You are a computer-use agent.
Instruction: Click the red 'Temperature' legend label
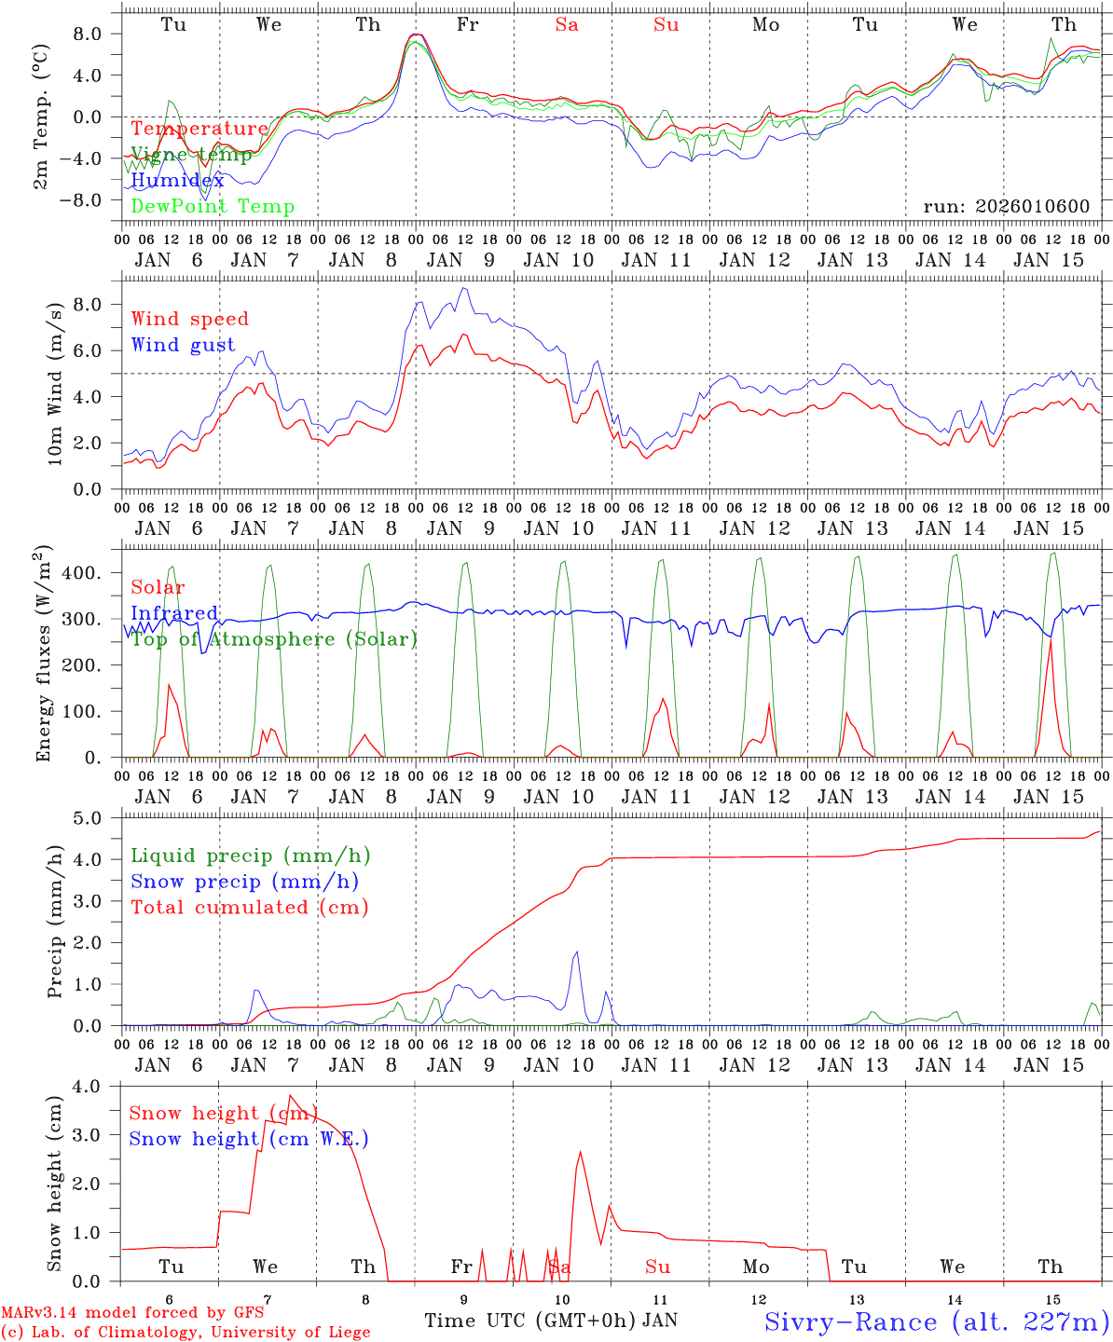[x=199, y=129]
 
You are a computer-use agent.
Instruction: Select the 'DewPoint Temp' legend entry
[x=213, y=207]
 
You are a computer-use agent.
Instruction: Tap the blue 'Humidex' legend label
[x=177, y=181]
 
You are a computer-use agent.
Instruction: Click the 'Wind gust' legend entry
[x=183, y=345]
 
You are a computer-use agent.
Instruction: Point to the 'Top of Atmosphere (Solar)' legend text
[x=273, y=639]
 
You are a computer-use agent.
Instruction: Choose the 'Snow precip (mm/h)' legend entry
[x=244, y=882]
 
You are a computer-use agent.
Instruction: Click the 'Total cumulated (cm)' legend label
[x=249, y=908]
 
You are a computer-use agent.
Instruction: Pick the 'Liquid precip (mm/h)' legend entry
[x=250, y=856]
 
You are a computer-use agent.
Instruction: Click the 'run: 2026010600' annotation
[x=1006, y=207]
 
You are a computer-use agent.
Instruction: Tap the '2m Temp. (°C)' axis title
[x=42, y=116]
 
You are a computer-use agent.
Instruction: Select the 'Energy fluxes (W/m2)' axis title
[x=42, y=656]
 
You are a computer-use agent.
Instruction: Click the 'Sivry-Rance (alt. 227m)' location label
[x=936, y=1321]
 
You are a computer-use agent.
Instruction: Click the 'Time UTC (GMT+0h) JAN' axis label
[x=551, y=1321]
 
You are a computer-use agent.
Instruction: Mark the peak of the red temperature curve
[x=416, y=34]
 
